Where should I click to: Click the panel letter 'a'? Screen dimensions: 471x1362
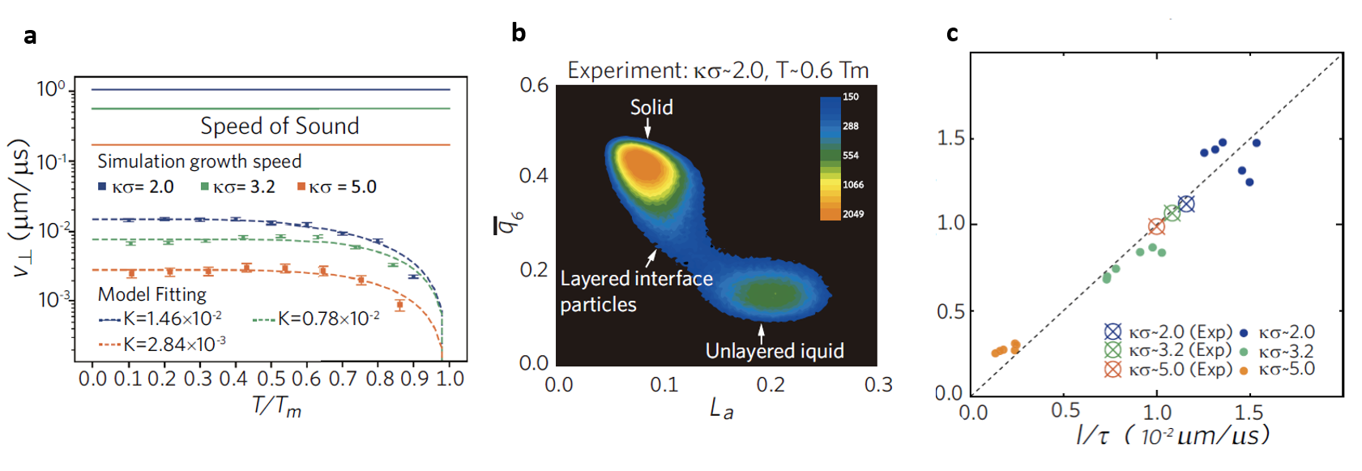(30, 36)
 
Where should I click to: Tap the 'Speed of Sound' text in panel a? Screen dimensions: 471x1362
(280, 126)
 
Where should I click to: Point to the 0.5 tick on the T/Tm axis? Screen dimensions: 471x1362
(271, 379)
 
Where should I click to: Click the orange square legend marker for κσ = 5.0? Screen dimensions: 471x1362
(301, 187)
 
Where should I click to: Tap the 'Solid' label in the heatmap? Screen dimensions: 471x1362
(651, 107)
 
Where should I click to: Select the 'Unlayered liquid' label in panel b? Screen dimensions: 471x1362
(775, 351)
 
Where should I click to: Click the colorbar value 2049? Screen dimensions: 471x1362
(853, 214)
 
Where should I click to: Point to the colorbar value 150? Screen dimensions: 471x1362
(851, 96)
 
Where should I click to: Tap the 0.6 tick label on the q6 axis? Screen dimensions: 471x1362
(534, 85)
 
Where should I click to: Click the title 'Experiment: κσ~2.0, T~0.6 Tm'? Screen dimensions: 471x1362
(718, 71)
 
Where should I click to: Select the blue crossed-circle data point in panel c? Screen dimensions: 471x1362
(1186, 204)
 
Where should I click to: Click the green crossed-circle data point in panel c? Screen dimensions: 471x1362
(1172, 213)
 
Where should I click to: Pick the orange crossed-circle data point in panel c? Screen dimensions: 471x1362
(1156, 227)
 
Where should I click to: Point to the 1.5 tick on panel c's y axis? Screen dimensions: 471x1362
(951, 139)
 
